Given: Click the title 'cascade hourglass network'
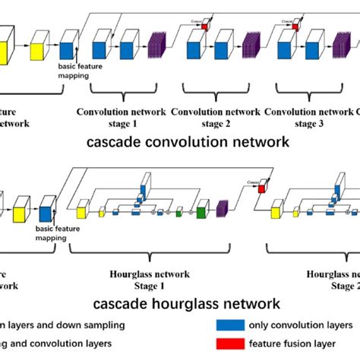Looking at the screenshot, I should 186,304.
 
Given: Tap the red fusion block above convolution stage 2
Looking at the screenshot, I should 204,28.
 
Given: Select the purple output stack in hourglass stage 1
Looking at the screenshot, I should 223,208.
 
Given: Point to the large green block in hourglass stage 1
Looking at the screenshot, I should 202,212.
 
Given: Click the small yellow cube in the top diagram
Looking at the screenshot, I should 37,51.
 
